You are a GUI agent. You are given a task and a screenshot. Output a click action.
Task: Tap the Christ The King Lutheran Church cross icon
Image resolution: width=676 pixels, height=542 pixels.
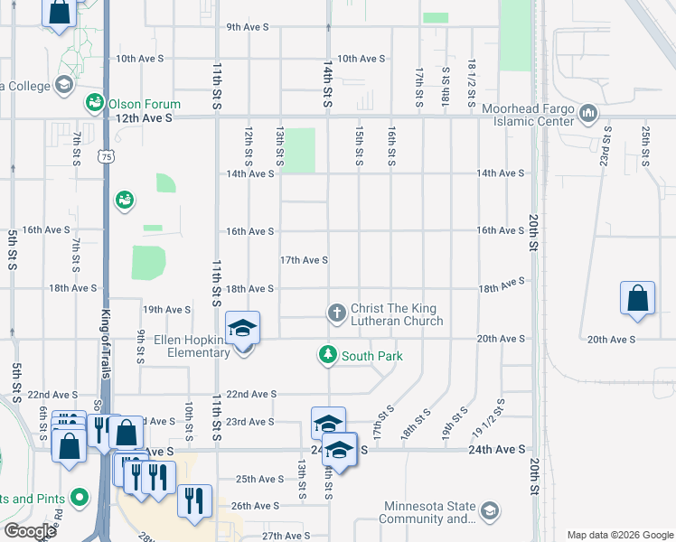pos(336,313)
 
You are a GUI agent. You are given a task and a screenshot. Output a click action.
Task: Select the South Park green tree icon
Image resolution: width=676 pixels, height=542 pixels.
pos(327,355)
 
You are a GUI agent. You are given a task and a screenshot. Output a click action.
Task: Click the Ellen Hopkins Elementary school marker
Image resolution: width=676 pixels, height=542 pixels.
pos(243,329)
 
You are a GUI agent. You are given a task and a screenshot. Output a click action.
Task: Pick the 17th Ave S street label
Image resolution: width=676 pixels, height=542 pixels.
pos(304,260)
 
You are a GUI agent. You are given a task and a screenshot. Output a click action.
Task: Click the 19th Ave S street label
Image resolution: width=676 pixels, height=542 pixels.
pos(166,309)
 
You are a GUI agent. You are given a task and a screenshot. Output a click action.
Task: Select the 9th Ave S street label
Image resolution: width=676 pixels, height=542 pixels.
pos(248,27)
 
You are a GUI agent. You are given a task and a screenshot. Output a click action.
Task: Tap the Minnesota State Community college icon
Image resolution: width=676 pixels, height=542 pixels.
pos(489,511)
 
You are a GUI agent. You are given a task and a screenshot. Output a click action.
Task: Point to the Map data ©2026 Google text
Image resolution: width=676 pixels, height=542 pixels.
pos(619,535)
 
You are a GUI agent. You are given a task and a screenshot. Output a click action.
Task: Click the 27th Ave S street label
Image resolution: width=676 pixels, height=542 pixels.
pos(286,536)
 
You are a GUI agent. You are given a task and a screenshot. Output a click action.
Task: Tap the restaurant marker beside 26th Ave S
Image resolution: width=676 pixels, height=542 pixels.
pos(195,501)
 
